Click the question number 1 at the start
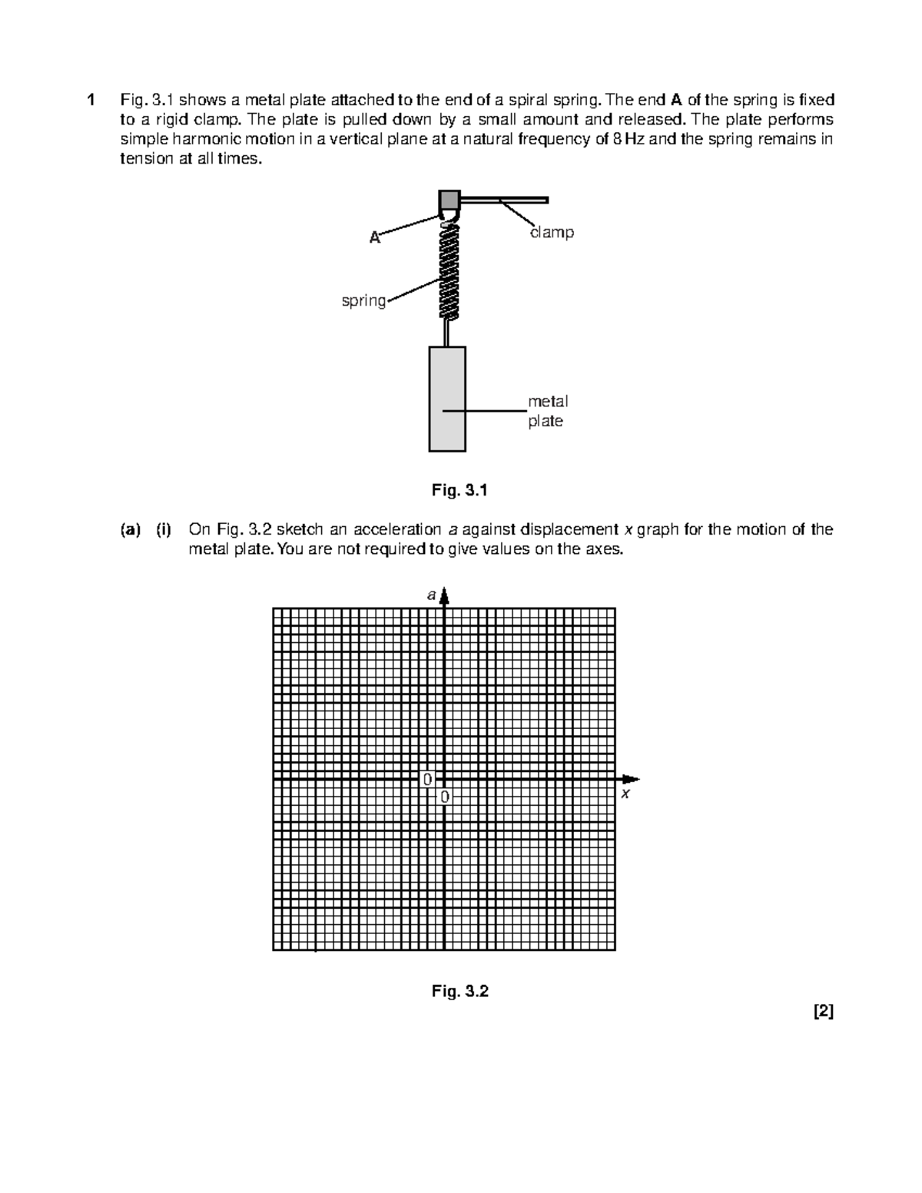click(x=91, y=100)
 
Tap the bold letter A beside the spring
click(x=374, y=237)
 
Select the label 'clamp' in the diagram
click(x=551, y=232)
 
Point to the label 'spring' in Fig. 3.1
click(x=363, y=300)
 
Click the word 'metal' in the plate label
click(x=548, y=401)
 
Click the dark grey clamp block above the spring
click(x=449, y=200)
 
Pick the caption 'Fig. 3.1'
click(x=459, y=490)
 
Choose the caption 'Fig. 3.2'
click(x=459, y=991)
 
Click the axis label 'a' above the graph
click(x=432, y=595)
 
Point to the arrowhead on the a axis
click(x=444, y=597)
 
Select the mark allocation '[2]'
click(x=823, y=1012)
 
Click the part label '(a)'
click(x=130, y=529)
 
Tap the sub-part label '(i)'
click(x=164, y=529)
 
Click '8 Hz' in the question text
click(x=632, y=140)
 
